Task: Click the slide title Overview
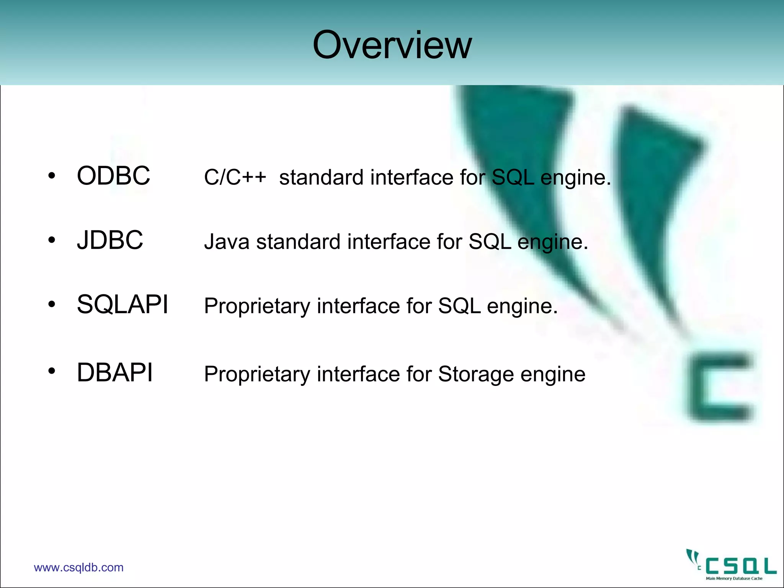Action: pos(392,45)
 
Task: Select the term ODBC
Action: pos(113,176)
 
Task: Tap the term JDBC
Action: pos(110,240)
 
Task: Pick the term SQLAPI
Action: pos(122,305)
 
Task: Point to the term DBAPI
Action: pos(114,372)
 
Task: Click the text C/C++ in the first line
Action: pos(235,177)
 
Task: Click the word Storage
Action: pos(475,374)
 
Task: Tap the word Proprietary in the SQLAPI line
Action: pos(257,306)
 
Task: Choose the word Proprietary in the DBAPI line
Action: pos(257,374)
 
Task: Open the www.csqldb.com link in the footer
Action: pos(78,567)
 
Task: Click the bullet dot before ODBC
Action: pos(52,176)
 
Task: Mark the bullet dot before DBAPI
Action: pos(52,371)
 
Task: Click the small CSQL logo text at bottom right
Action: pos(741,566)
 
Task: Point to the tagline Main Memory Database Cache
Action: pos(734,578)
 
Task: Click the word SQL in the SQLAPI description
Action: pos(459,306)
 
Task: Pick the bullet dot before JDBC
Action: pos(52,240)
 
